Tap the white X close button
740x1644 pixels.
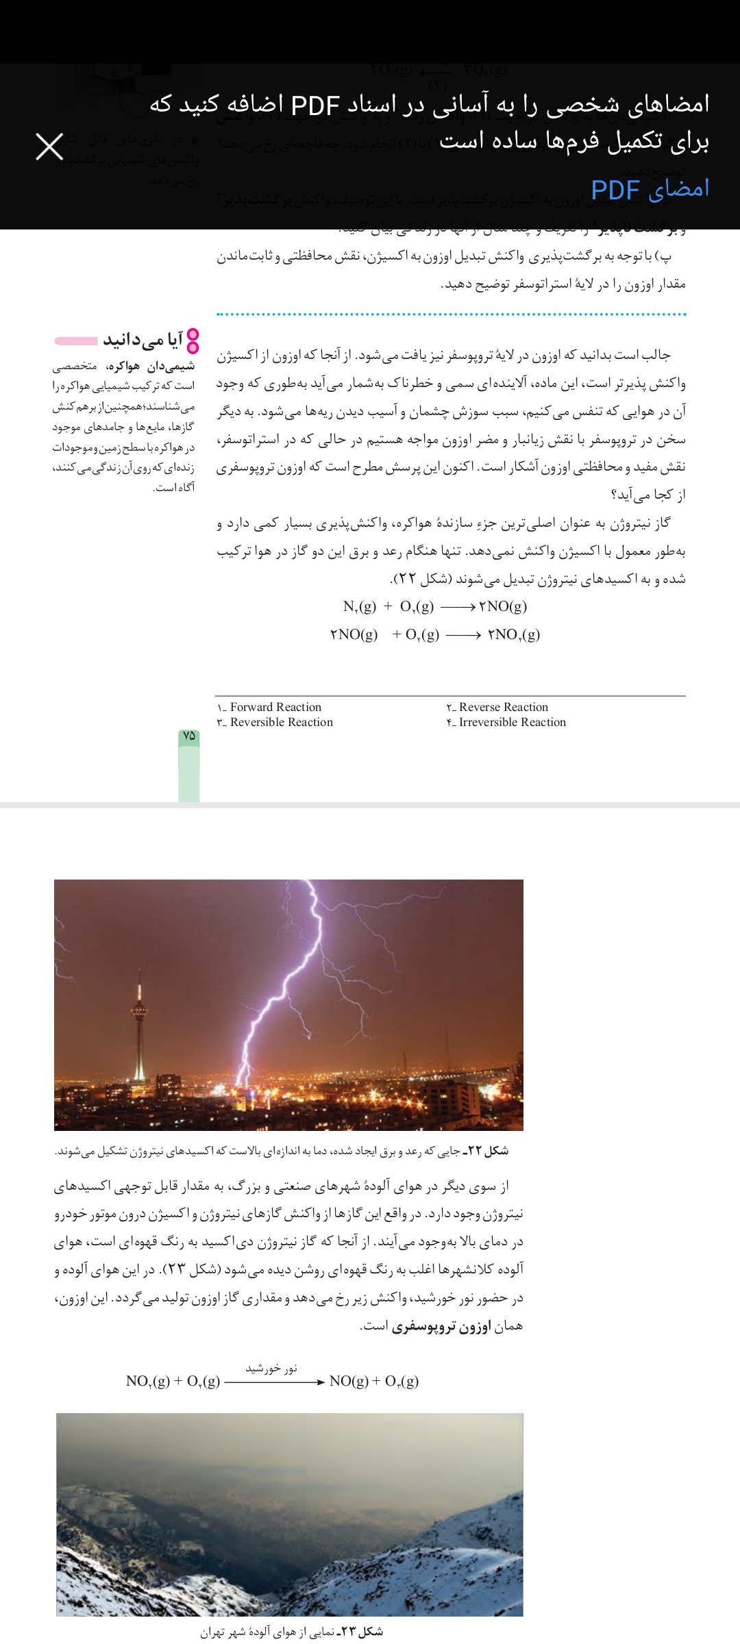click(49, 147)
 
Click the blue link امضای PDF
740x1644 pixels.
click(650, 189)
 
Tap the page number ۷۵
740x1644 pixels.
click(189, 736)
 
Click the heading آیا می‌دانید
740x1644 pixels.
click(143, 340)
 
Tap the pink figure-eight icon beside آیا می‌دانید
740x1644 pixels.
click(193, 340)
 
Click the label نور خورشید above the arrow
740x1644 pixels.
click(271, 1369)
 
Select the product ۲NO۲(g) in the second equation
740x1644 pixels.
click(514, 634)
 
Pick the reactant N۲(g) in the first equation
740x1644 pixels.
click(359, 606)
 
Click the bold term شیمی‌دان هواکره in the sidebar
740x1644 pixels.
click(151, 366)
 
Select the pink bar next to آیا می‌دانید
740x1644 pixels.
click(76, 340)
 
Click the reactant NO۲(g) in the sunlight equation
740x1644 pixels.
click(148, 1381)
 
